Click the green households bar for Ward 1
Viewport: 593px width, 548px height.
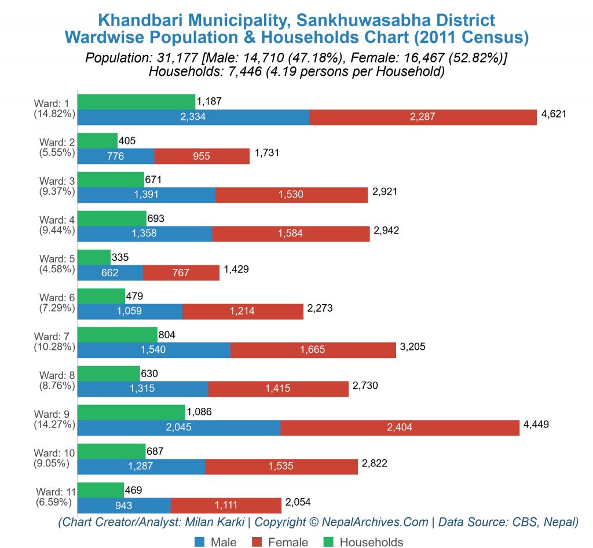(136, 101)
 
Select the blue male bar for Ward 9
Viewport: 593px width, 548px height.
(178, 428)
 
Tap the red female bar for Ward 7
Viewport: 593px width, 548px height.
(313, 350)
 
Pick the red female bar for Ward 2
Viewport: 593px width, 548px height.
(202, 156)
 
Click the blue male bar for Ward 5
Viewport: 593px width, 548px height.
(110, 272)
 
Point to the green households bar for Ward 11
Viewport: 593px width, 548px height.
(100, 490)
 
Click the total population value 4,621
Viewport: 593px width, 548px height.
(553, 114)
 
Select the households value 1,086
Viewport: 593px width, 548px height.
(199, 412)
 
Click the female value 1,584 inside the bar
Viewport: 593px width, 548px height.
(291, 233)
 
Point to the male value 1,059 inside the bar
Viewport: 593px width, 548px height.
(130, 311)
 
